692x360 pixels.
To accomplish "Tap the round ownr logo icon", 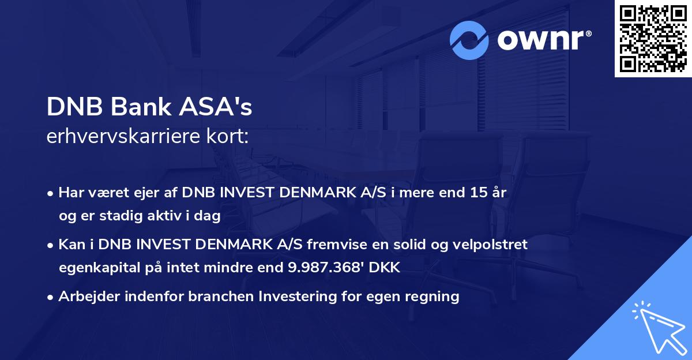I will pyautogui.click(x=469, y=40).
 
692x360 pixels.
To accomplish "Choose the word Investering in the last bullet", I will pyautogui.click(x=298, y=297).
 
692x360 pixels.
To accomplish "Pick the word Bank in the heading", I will pyautogui.click(x=136, y=107).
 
